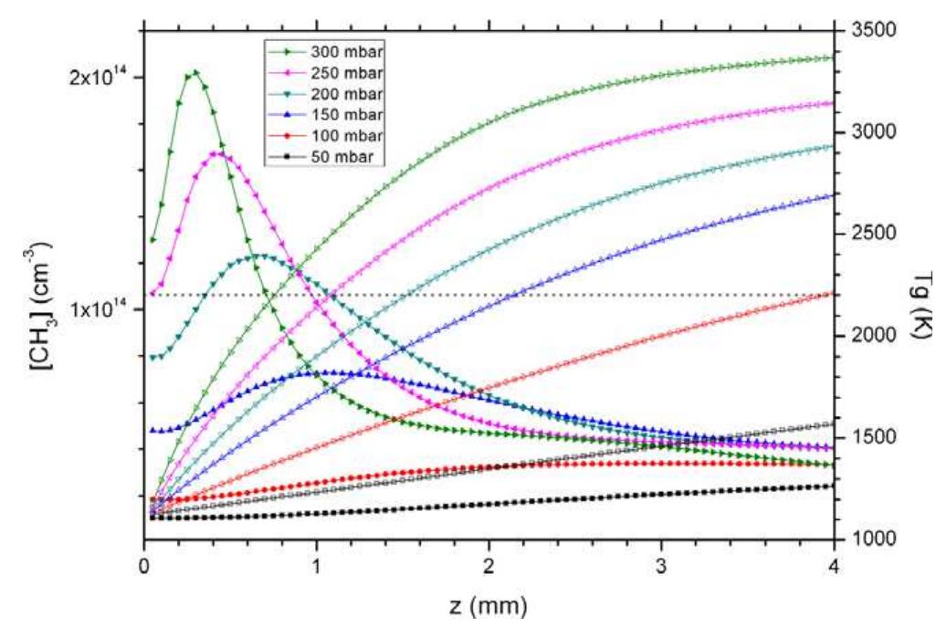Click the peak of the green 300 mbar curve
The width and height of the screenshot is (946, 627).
[194, 73]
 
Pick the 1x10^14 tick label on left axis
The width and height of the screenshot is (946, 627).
[100, 310]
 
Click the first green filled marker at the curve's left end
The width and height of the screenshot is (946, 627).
[152, 240]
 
